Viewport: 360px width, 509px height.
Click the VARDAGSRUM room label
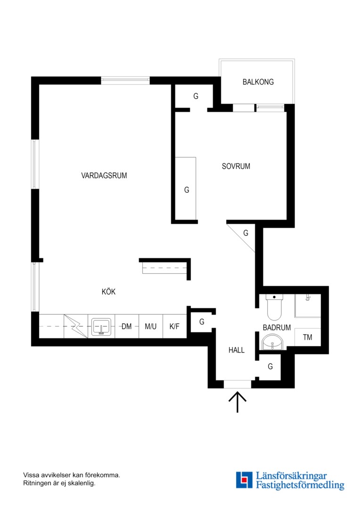tap(104, 176)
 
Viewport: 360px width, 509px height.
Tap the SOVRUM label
tap(236, 166)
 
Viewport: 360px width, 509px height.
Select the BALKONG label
tap(258, 82)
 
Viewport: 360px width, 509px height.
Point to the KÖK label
tap(108, 292)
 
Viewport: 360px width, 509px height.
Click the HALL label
tap(237, 350)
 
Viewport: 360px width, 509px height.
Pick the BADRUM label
tap(277, 328)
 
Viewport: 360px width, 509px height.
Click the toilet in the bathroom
tap(274, 307)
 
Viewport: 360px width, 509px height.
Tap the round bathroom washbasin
tap(272, 342)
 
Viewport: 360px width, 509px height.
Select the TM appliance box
tap(307, 337)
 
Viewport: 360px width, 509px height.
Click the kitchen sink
tap(102, 327)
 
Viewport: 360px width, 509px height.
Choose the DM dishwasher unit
tap(127, 326)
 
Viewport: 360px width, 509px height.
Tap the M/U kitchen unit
tap(151, 326)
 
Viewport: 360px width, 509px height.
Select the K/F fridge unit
tap(174, 326)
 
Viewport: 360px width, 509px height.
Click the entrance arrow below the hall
tap(237, 402)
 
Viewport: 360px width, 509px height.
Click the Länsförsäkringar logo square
tap(244, 480)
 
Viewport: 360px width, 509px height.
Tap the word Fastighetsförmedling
tap(300, 485)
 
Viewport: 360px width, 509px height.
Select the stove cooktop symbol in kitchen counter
tap(76, 326)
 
